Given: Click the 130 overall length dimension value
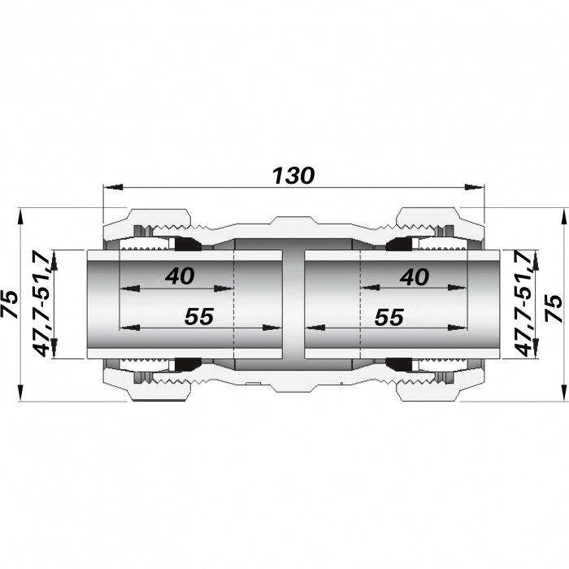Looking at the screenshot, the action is [293, 176].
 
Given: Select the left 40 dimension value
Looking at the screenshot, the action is [180, 276].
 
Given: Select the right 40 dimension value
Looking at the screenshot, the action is [415, 277].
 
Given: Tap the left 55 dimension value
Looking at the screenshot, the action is [199, 316].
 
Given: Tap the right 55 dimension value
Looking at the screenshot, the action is [389, 317].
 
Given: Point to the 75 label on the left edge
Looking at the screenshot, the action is [10, 304].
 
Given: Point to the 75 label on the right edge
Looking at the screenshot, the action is [554, 307].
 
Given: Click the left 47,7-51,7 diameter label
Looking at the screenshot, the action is [41, 303].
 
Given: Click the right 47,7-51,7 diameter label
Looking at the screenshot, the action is [523, 303].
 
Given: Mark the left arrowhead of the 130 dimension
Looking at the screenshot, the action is [112, 187].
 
